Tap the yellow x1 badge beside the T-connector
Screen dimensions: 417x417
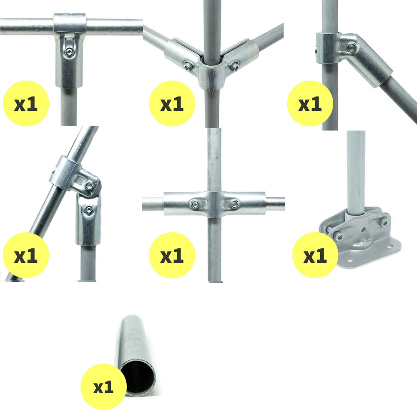pyautogui.click(x=26, y=103)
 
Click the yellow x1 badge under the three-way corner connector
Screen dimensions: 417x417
pyautogui.click(x=172, y=103)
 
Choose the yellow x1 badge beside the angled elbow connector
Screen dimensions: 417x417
pyautogui.click(x=310, y=103)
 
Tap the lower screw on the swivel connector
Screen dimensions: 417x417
pyautogui.click(x=88, y=210)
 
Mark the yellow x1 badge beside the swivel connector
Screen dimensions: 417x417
pyautogui.click(x=26, y=255)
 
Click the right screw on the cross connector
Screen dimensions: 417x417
pyautogui.click(x=235, y=204)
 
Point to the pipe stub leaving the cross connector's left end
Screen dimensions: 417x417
pyautogui.click(x=153, y=203)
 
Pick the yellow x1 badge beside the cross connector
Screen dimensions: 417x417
pyautogui.click(x=172, y=255)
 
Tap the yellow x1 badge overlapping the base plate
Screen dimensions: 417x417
pyautogui.click(x=315, y=255)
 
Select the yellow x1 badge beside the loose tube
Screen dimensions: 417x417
pyautogui.click(x=103, y=387)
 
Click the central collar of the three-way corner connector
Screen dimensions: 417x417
pyautogui.click(x=212, y=74)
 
